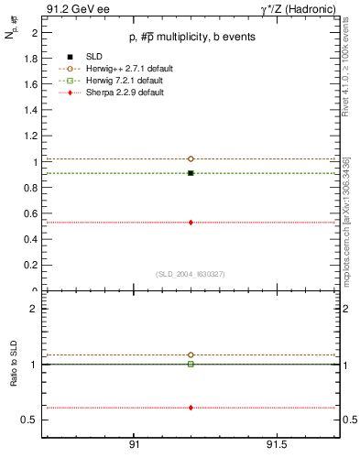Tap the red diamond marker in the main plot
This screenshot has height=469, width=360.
191,222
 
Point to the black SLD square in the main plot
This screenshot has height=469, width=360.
191,172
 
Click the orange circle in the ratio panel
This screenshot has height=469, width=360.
191,354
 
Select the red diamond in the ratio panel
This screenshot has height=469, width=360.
191,408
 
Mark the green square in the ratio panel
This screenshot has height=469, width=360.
191,364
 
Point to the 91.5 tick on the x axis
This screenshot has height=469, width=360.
276,443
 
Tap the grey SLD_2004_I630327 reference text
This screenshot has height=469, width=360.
190,274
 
